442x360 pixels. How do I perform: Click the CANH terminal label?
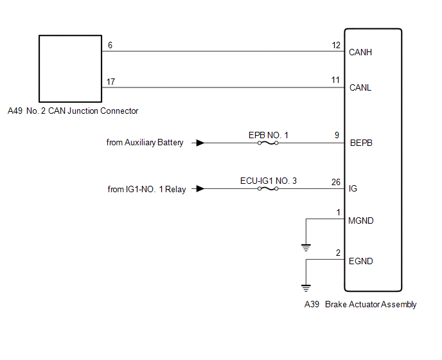point(360,52)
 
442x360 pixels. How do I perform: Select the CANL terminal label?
point(360,87)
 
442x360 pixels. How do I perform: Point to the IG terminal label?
point(353,189)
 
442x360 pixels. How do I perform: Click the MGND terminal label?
point(360,221)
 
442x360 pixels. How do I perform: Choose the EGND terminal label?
point(360,262)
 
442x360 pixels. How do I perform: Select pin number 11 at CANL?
point(335,80)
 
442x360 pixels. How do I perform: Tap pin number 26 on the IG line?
point(335,181)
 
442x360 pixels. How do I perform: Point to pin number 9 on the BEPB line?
point(337,136)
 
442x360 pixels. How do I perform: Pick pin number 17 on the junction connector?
point(112,81)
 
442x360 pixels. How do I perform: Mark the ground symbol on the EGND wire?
point(306,287)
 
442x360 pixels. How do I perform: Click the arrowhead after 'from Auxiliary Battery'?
point(200,143)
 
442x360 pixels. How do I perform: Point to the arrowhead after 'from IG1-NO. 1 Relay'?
point(200,189)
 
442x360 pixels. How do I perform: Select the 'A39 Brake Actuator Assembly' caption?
point(360,305)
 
